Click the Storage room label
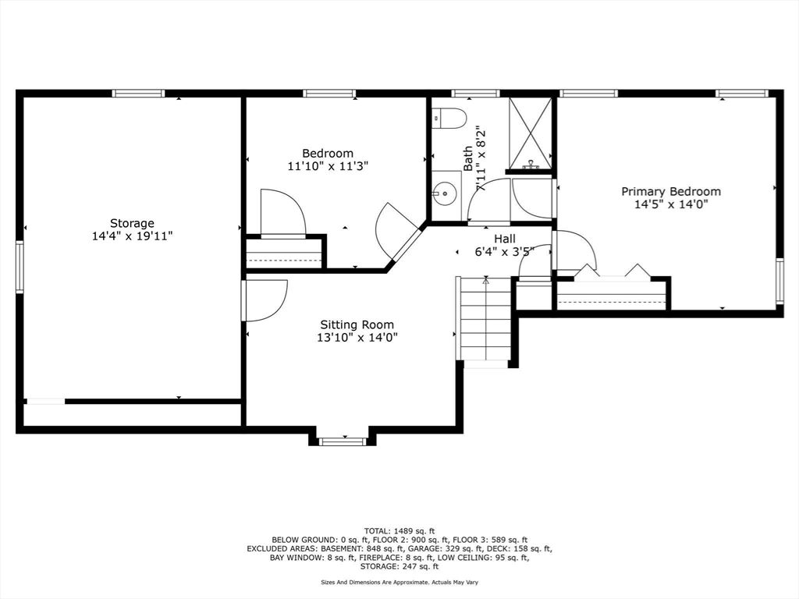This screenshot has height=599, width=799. pyautogui.click(x=132, y=223)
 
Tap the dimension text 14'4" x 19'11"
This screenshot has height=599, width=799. pyautogui.click(x=132, y=236)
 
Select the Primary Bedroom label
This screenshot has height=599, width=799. pyautogui.click(x=670, y=191)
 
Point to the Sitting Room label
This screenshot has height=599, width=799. pyautogui.click(x=357, y=324)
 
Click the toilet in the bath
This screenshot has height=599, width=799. pyautogui.click(x=449, y=118)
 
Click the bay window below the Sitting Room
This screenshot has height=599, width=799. pyautogui.click(x=343, y=441)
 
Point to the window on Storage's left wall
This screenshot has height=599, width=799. pyautogui.click(x=20, y=267)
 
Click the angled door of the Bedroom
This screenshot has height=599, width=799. pyautogui.click(x=402, y=234)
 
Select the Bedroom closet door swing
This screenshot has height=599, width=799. pyautogui.click(x=282, y=211)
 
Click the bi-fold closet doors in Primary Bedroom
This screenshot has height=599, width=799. pyautogui.click(x=612, y=272)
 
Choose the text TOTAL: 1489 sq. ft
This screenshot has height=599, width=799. pyautogui.click(x=399, y=530)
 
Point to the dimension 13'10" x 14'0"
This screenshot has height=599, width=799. pyautogui.click(x=357, y=338)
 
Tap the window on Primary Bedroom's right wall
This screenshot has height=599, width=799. pyautogui.click(x=779, y=281)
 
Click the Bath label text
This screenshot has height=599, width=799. pyautogui.click(x=468, y=158)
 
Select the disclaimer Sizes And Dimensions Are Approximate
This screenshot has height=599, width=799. pyautogui.click(x=399, y=582)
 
